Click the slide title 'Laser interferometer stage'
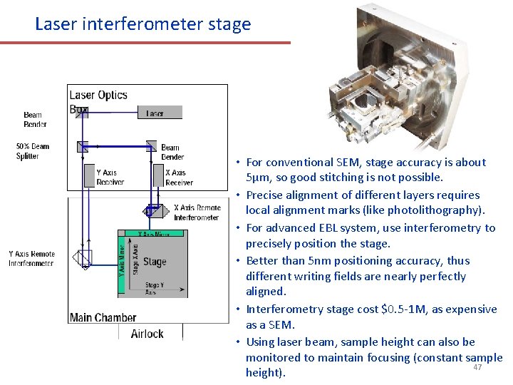click(143, 24)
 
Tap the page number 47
click(477, 367)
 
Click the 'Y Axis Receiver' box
click(110, 177)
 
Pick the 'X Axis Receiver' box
click(179, 177)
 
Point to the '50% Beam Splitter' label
click(33, 151)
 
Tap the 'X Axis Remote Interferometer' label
click(197, 212)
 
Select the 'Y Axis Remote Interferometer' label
click(31, 258)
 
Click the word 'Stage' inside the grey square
click(155, 262)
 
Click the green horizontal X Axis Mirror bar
click(155, 233)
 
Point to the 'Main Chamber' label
click(103, 317)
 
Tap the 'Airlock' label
click(147, 333)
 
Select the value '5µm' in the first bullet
click(257, 178)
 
